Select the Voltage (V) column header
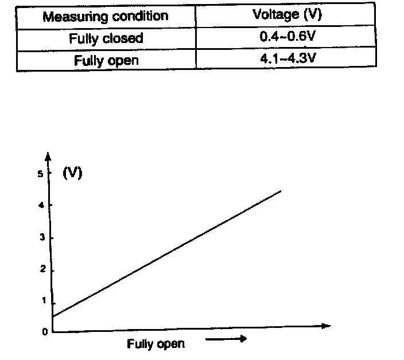tap(287, 15)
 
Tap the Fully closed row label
tap(106, 39)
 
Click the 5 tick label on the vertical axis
tap(41, 174)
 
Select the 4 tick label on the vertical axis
tap(41, 205)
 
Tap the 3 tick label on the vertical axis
tap(41, 238)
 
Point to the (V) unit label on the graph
tap(72, 173)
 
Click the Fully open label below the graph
tap(156, 344)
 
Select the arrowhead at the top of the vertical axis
tap(49, 156)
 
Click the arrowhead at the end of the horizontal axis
tap(327, 326)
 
